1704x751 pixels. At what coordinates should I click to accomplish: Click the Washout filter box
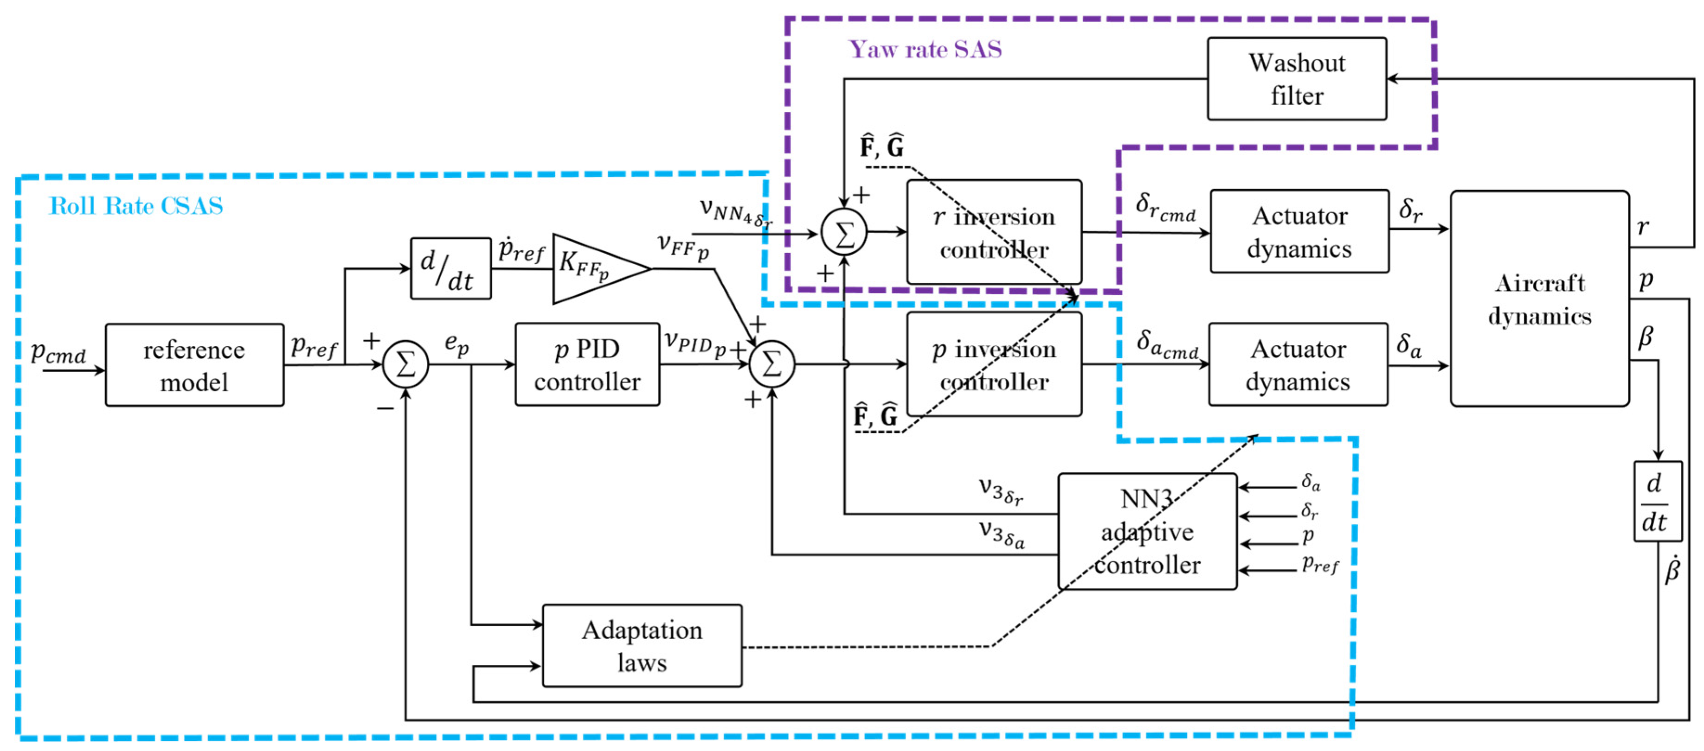pos(1297,79)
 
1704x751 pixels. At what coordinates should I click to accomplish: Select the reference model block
pos(194,365)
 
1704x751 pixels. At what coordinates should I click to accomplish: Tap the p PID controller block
pos(587,364)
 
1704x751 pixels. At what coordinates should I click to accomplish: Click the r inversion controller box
pos(994,232)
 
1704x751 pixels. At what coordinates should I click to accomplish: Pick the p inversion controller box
pos(994,364)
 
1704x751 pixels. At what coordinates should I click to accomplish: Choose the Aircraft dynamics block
pos(1539,299)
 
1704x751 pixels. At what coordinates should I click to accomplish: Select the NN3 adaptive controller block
pos(1148,532)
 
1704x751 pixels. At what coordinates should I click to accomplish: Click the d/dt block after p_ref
pos(450,268)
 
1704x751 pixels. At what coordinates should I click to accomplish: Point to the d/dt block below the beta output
pos(1658,502)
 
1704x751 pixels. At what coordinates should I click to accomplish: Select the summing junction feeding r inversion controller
pos(844,233)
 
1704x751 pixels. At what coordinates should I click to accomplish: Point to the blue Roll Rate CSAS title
pos(135,206)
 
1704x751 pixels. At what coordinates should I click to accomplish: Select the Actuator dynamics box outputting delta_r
pos(1299,231)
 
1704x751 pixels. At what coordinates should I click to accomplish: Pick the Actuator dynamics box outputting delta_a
pos(1298,364)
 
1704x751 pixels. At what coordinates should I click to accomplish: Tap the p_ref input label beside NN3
pos(1320,564)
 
